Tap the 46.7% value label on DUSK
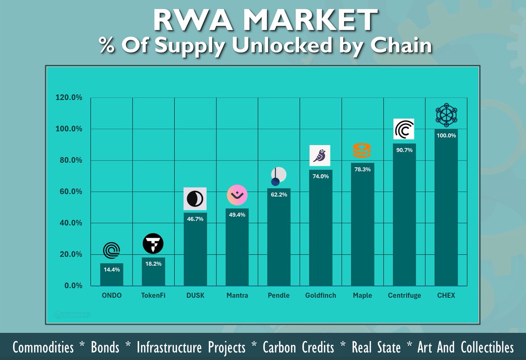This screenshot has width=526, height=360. click(195, 219)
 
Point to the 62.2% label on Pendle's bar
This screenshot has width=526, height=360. click(279, 194)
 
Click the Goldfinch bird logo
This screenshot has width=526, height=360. click(320, 155)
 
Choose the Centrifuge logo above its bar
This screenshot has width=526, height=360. click(404, 130)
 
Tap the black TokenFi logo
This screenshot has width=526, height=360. click(153, 244)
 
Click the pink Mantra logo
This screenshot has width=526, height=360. click(237, 195)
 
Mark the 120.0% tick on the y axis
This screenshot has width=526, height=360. click(69, 98)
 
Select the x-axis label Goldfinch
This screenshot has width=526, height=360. click(320, 296)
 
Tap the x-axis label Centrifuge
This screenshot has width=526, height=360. click(404, 296)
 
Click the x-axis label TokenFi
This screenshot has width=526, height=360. click(153, 296)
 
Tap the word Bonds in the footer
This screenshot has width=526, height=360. click(105, 348)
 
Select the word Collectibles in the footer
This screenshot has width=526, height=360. click(487, 348)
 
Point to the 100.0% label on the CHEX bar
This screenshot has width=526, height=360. click(446, 135)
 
